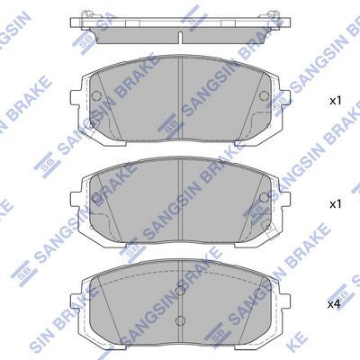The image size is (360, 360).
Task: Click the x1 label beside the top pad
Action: pos(336,101)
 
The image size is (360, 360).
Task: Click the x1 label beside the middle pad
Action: pos(336,204)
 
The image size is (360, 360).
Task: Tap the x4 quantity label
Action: pos(335,304)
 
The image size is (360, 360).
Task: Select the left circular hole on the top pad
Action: pos(96,95)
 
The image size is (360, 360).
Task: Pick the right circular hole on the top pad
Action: pos(265,95)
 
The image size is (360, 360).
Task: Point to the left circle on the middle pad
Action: pos(96,197)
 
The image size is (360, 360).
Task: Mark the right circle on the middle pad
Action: pos(265,197)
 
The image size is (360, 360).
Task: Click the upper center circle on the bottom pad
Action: pos(180,291)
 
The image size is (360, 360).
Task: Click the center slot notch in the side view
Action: pos(180,37)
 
